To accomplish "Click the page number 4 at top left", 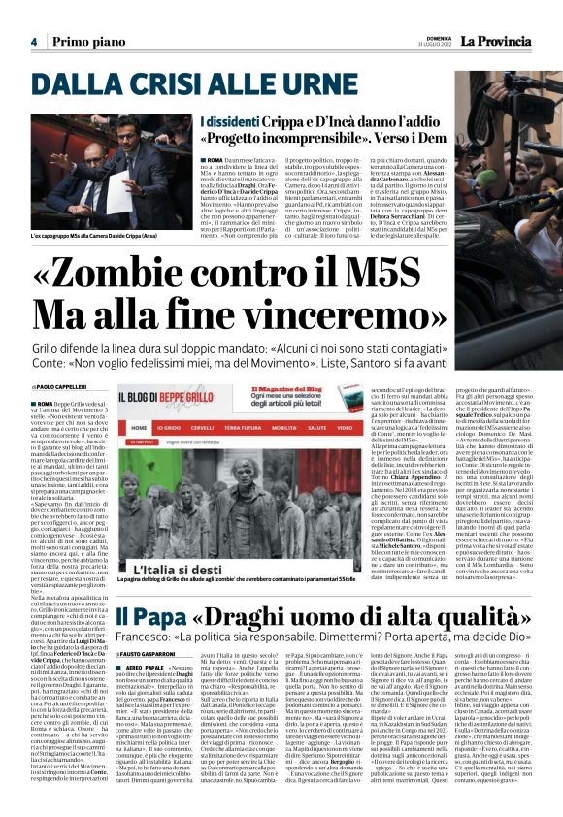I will click(33, 41).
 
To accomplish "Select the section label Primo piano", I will click(89, 41).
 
